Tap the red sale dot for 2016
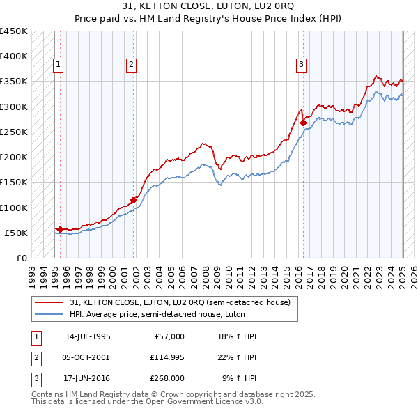point(304,123)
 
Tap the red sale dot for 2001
point(133,200)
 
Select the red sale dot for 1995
point(60,229)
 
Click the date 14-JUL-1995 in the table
point(88,336)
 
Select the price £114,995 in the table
point(167,357)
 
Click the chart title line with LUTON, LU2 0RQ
point(208,7)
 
